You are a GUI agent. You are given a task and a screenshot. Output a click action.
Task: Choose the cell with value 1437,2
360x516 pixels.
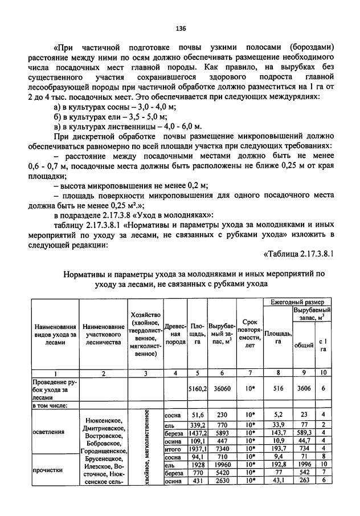click(x=197, y=433)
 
